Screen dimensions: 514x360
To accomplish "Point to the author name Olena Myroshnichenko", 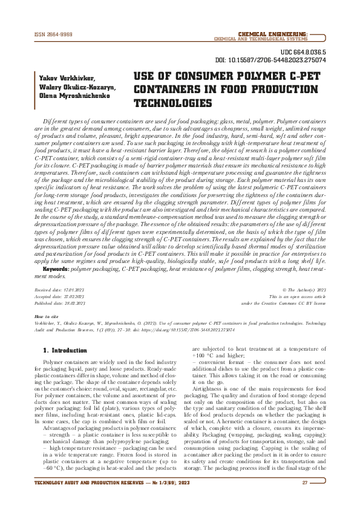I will tap(68, 96).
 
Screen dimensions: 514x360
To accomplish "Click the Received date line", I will tap(61, 291).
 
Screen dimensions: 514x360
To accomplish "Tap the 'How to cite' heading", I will tap(47, 316).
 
